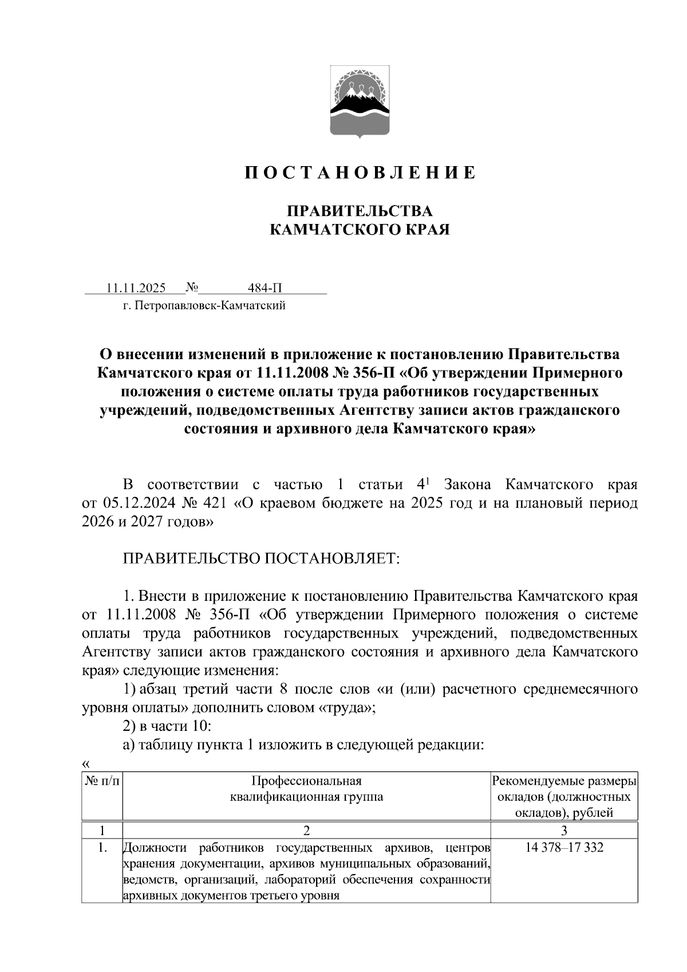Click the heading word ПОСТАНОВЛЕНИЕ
point(360,173)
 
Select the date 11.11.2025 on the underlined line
point(136,288)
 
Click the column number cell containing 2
point(306,831)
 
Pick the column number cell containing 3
point(564,831)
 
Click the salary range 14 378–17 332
point(564,847)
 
